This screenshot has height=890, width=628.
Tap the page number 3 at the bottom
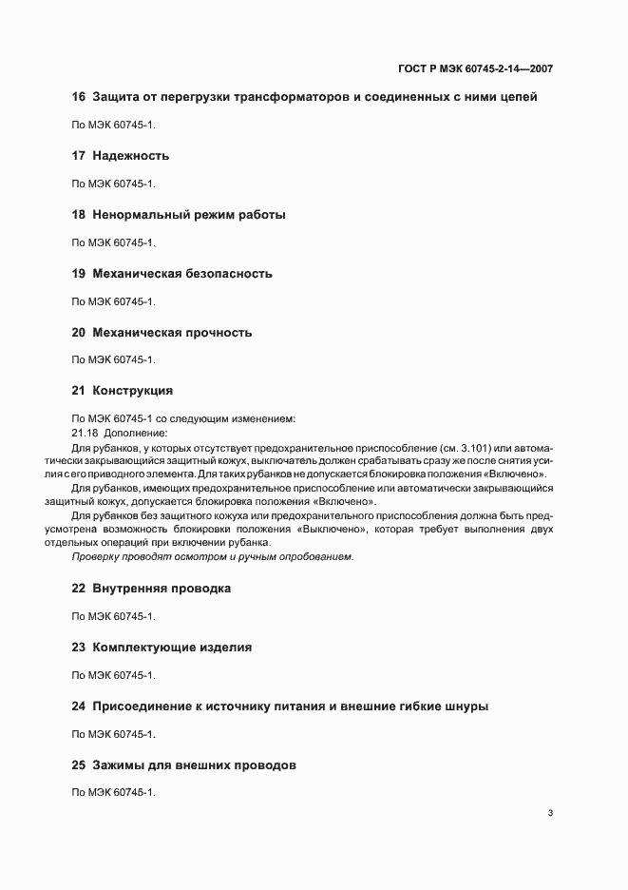tap(550, 812)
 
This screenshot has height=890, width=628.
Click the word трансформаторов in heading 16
tap(282, 96)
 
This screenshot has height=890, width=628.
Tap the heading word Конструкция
tap(132, 391)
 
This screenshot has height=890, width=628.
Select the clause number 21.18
tap(85, 433)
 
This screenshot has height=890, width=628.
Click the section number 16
tap(79, 96)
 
